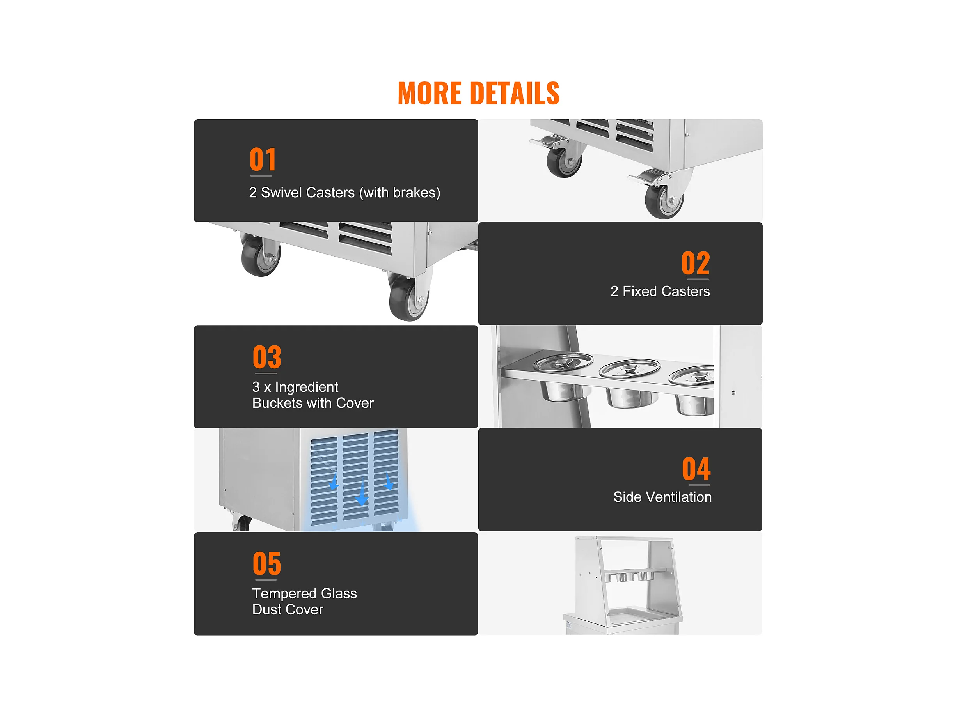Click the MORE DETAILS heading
coord(478,94)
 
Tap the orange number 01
coord(263,159)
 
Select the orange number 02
coord(696,263)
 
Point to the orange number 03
coord(267,357)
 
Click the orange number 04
coord(696,469)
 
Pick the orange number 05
coord(267,563)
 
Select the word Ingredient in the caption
coord(307,387)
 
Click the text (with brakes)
coord(400,193)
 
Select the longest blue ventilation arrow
coord(362,492)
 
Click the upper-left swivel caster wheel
coord(564,162)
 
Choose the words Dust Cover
coord(288,609)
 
